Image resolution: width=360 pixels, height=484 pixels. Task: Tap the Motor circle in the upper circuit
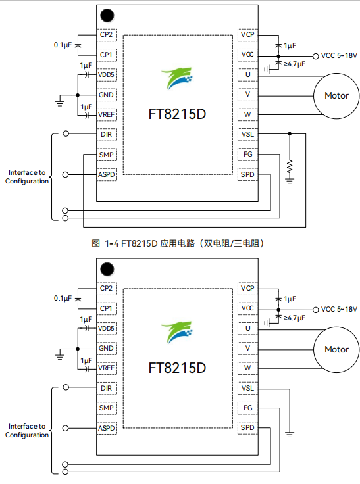tap(336, 95)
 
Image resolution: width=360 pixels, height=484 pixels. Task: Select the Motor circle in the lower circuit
tap(336, 349)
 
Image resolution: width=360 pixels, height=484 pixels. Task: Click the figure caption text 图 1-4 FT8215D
tap(179, 243)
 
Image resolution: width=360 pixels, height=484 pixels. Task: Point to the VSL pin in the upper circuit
tap(247, 134)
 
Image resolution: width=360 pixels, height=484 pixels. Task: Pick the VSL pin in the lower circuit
tap(247, 388)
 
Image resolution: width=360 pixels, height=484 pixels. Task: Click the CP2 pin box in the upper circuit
tap(107, 34)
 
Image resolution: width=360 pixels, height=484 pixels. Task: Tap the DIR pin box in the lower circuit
tap(107, 388)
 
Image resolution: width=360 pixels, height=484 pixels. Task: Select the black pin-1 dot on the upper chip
tap(106, 15)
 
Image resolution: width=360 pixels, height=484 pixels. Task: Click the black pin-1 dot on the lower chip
tap(106, 268)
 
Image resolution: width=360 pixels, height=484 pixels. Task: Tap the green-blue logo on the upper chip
tap(178, 78)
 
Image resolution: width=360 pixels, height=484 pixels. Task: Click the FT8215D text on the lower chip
tap(178, 367)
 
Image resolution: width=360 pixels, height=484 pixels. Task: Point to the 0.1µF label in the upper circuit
tap(63, 45)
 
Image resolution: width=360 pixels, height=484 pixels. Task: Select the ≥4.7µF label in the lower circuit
tap(294, 318)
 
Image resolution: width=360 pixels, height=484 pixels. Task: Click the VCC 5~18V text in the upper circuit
tap(339, 55)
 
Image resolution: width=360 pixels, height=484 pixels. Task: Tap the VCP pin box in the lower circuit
tap(247, 288)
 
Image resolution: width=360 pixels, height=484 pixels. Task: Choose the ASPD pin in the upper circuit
tap(107, 174)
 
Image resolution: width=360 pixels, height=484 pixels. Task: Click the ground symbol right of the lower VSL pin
tap(290, 434)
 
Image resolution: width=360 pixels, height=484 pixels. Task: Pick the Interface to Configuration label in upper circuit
tap(27, 177)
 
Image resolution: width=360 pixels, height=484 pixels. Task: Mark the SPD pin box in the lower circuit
tap(247, 428)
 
